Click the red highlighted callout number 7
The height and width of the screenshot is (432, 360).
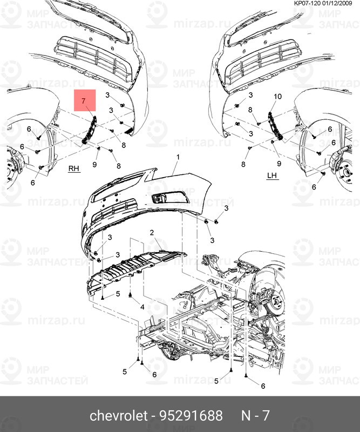[x=83, y=101]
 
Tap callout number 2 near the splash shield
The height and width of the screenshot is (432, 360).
[x=153, y=232]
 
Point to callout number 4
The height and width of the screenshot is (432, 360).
[x=142, y=307]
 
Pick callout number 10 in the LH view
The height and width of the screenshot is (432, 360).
[x=278, y=97]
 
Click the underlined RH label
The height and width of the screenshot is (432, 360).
[x=73, y=168]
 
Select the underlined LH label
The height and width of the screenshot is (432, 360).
[x=271, y=175]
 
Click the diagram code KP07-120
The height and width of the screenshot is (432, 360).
[x=308, y=4]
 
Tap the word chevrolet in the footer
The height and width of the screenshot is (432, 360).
[x=118, y=416]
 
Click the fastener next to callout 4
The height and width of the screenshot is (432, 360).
[x=132, y=296]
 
